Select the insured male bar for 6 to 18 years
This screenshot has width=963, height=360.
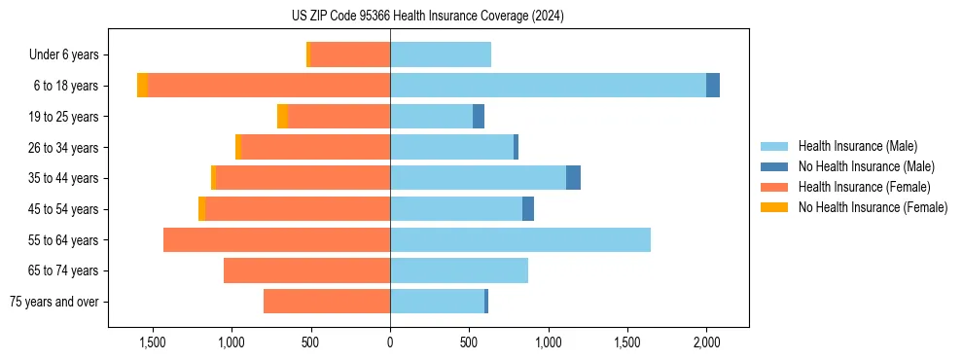[548, 86]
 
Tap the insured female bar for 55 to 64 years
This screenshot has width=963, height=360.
[276, 239]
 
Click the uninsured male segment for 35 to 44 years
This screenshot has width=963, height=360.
[573, 178]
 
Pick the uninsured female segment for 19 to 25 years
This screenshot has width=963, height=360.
[282, 117]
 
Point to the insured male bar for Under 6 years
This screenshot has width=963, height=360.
[441, 54]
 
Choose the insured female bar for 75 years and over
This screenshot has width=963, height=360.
[327, 302]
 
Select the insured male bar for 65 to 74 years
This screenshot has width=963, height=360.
[459, 270]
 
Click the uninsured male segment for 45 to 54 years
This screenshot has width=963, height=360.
[528, 209]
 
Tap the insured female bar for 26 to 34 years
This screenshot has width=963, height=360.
[315, 147]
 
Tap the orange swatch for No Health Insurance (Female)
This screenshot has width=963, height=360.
[774, 207]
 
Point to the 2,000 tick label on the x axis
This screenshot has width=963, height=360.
[706, 342]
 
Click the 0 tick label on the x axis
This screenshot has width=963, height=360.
[390, 342]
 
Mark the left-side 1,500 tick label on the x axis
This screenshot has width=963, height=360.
[152, 342]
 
